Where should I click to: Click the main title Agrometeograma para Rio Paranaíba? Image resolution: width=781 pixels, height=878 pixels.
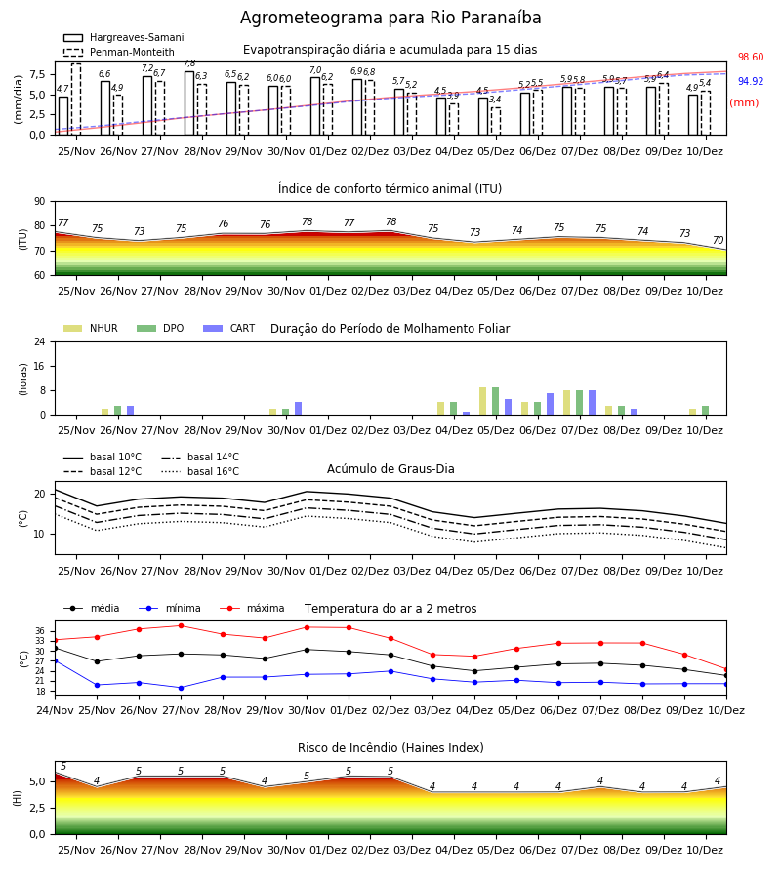pos(390,18)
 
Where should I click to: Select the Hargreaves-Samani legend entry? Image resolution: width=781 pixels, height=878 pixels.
pos(124,37)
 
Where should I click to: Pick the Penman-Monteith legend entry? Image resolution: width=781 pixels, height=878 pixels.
pos(119,52)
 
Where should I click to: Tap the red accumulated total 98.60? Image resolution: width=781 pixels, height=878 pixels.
pos(751,58)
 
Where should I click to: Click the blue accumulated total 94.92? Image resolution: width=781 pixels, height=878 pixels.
pos(751,81)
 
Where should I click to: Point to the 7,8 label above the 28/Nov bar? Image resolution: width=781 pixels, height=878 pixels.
pos(189,63)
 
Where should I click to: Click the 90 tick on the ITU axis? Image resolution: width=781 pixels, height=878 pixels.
pos(40,202)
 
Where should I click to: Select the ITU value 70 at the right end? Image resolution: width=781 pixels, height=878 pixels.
pos(718,240)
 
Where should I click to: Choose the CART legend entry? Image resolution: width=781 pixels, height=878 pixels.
pos(229,328)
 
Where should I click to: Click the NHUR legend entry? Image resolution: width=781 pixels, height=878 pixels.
pos(91,328)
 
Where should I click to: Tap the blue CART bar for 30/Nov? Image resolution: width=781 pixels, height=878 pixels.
pos(298,408)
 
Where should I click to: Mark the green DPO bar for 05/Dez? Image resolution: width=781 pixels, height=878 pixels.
pos(495,401)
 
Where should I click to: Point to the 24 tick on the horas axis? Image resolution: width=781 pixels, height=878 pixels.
pos(40,341)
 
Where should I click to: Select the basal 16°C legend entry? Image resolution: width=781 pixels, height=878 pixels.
pos(200,471)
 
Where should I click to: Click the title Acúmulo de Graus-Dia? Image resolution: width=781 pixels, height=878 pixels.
pos(390,468)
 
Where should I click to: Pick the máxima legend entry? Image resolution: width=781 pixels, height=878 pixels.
pos(253,608)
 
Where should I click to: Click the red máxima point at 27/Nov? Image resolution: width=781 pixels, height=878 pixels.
pos(181,625)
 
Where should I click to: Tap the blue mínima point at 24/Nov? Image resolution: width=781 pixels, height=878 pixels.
pos(55,660)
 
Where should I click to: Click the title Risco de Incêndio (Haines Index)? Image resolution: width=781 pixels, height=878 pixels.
pos(390,747)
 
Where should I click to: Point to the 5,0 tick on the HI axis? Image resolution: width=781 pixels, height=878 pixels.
pos(37,781)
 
